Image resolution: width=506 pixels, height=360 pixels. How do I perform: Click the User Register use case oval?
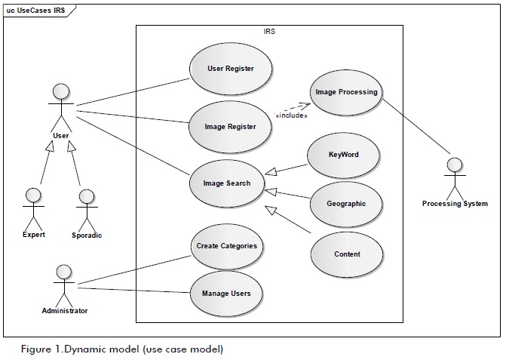[x=230, y=69]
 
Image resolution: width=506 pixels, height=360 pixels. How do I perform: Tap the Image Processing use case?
[x=346, y=92]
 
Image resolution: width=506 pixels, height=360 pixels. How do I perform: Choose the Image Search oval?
[x=226, y=183]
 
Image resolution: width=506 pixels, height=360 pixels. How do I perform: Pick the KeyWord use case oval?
[x=343, y=155]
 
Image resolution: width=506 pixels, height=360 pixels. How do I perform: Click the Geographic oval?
[x=346, y=204]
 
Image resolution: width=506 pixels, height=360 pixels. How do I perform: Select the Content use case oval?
[x=346, y=254]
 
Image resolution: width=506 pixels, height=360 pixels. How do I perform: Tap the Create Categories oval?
[x=226, y=246]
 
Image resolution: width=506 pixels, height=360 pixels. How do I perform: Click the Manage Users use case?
[x=226, y=293]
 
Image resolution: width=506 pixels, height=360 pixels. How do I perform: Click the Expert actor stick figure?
[x=33, y=208]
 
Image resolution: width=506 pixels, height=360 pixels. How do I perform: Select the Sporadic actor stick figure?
[x=86, y=208]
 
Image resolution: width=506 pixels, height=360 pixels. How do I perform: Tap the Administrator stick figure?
[x=64, y=284]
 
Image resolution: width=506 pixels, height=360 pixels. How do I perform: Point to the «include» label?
[x=291, y=115]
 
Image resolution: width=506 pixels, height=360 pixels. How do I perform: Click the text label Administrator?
[x=65, y=311]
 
